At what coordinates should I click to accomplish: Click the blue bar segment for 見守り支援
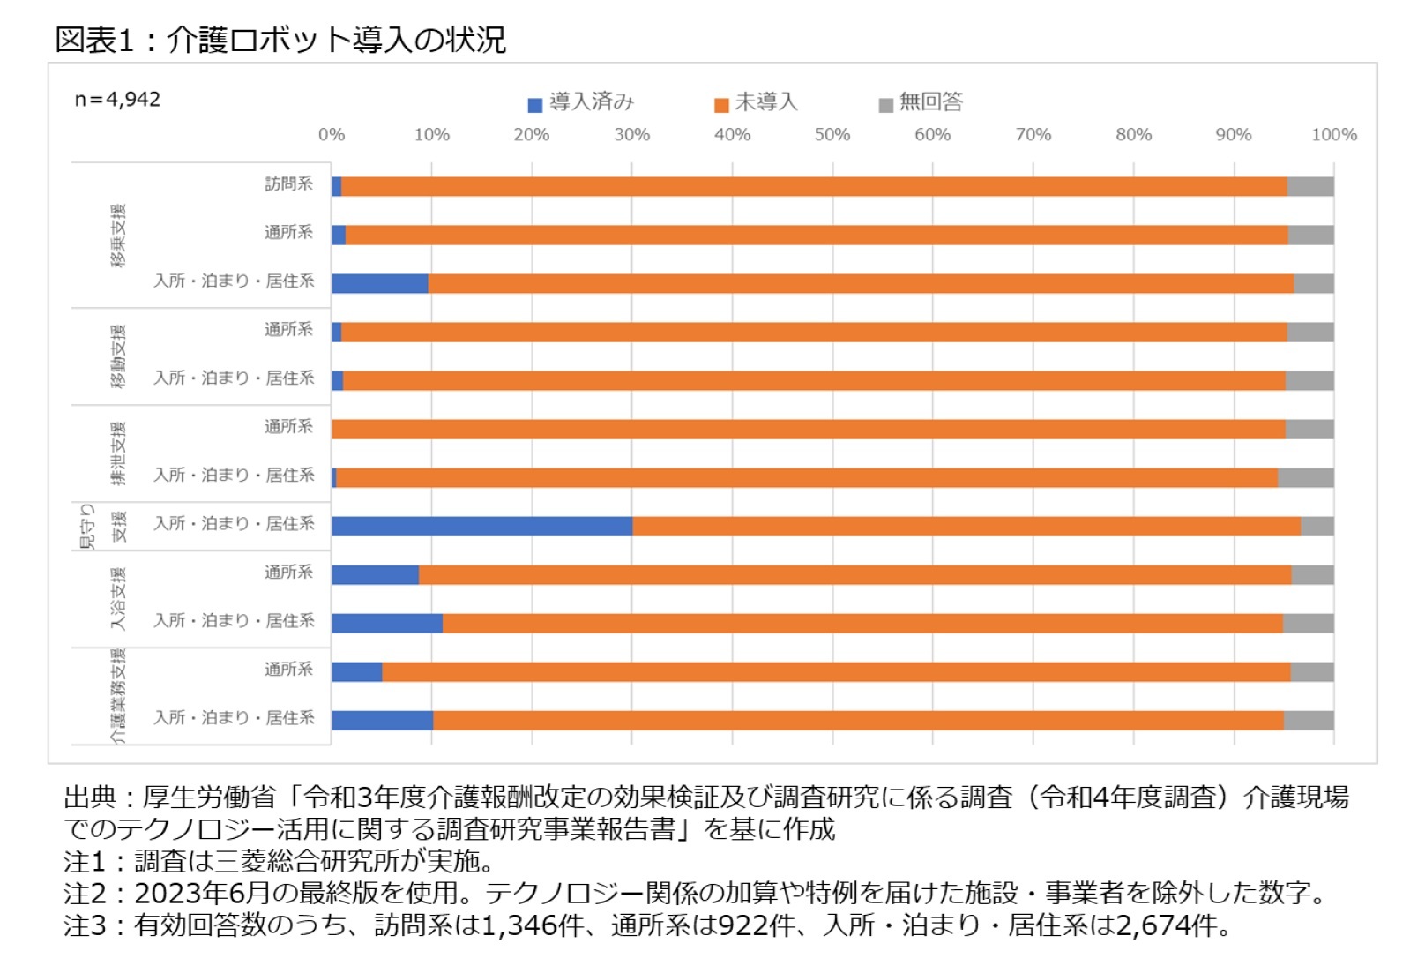click(481, 527)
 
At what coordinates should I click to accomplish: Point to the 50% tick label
click(832, 135)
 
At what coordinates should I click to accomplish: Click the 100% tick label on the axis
click(1333, 135)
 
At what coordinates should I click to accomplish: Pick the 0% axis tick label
click(332, 135)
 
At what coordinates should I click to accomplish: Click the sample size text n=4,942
click(117, 100)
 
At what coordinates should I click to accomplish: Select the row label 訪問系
click(288, 183)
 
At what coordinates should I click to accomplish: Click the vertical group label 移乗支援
click(118, 235)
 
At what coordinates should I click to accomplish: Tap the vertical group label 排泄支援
click(118, 453)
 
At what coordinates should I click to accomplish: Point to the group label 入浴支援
click(118, 599)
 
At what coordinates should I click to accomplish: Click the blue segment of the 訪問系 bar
click(336, 186)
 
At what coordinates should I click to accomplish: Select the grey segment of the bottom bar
click(1309, 721)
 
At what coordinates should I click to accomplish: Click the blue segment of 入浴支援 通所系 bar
click(375, 575)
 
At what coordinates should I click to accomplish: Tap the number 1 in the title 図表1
click(124, 40)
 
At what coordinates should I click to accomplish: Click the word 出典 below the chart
click(89, 798)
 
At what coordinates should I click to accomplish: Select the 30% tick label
click(631, 135)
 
